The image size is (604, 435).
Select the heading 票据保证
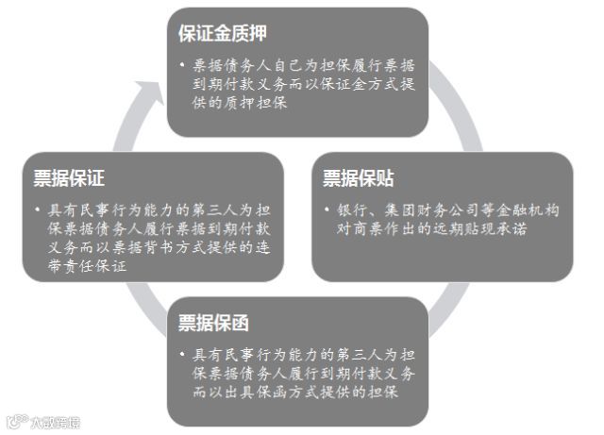click(69, 178)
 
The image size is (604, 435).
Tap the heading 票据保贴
click(358, 178)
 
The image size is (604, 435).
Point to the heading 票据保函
click(213, 323)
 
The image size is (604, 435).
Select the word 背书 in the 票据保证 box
click(161, 247)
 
